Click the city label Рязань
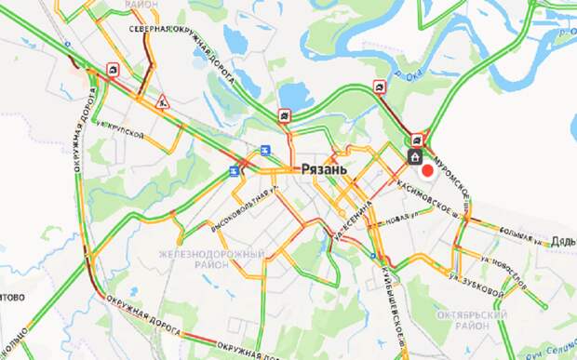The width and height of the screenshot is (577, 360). [x=323, y=170]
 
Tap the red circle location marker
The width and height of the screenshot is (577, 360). [x=427, y=170]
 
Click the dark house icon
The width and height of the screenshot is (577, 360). [x=414, y=156]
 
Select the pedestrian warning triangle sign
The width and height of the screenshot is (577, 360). [x=162, y=100]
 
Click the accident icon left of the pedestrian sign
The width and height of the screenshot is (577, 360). [x=112, y=69]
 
